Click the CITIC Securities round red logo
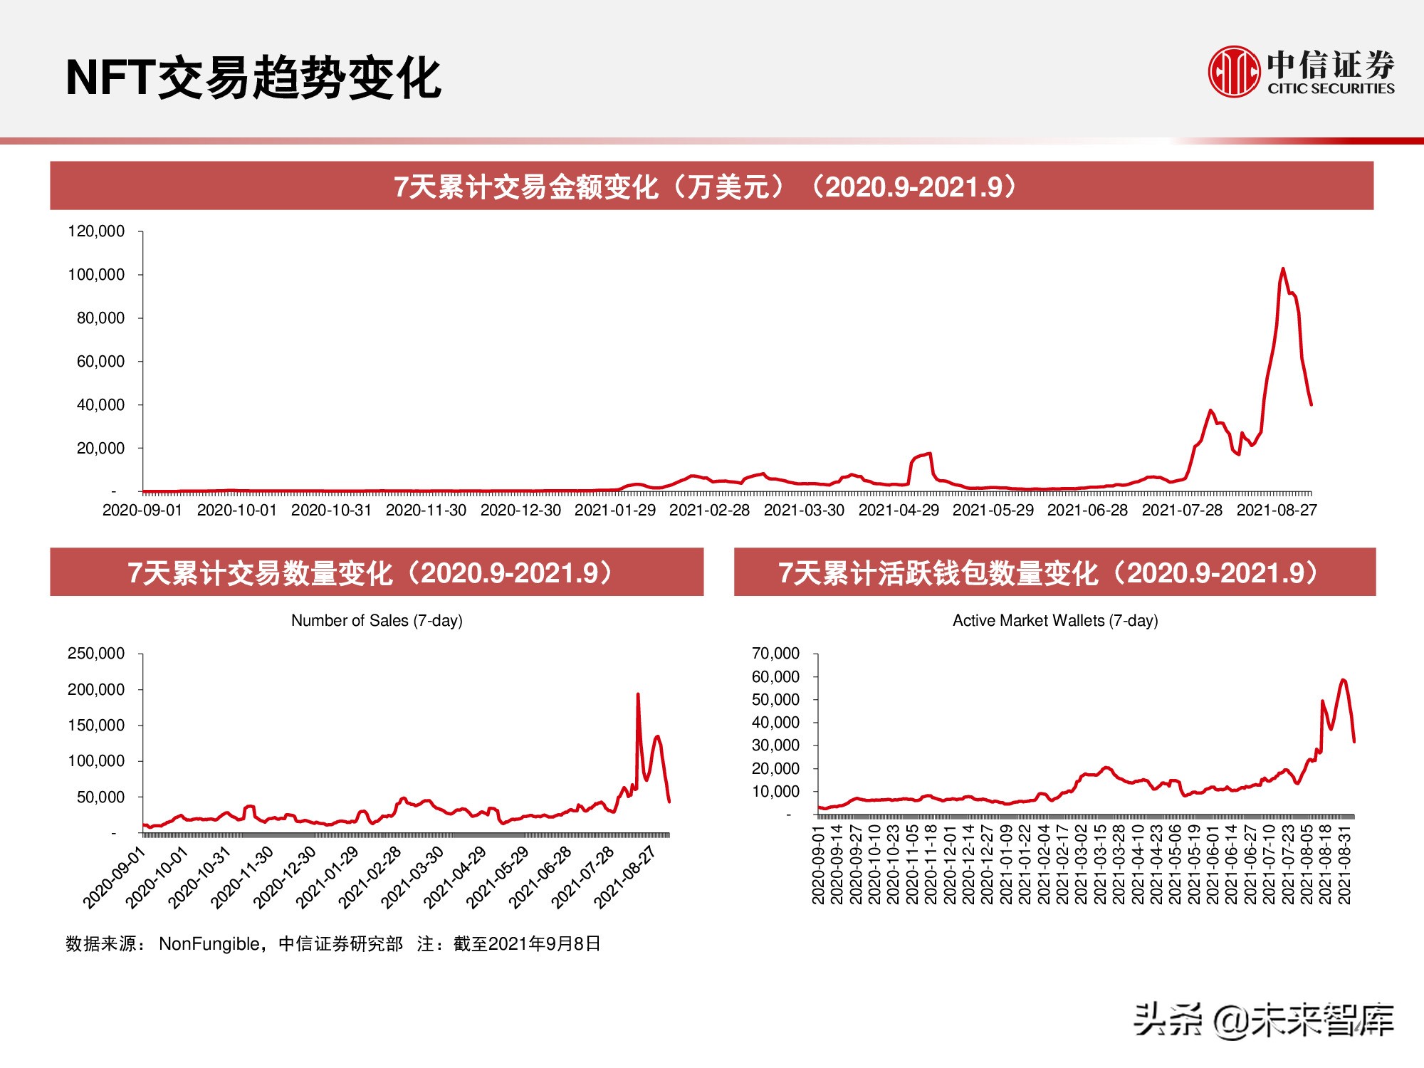coord(1234,71)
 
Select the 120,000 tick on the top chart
coord(96,231)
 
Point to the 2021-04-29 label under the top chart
coord(899,511)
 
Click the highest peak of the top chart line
coord(1283,269)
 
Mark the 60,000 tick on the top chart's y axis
coord(100,362)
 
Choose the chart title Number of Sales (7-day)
coord(377,621)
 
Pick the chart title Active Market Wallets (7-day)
coord(1055,621)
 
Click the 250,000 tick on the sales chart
coord(96,654)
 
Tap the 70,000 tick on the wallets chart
coord(775,654)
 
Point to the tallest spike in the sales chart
coord(637,694)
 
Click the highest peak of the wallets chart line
coord(1343,680)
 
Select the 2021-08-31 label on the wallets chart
coord(1344,864)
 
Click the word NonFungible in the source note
coord(210,944)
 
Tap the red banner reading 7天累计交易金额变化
coord(711,187)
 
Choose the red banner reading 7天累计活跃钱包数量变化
coord(1054,572)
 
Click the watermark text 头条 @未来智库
coord(1263,1020)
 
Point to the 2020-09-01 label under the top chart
coord(142,511)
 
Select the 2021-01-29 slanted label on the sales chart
coord(327,878)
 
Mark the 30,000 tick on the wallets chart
coord(775,745)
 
